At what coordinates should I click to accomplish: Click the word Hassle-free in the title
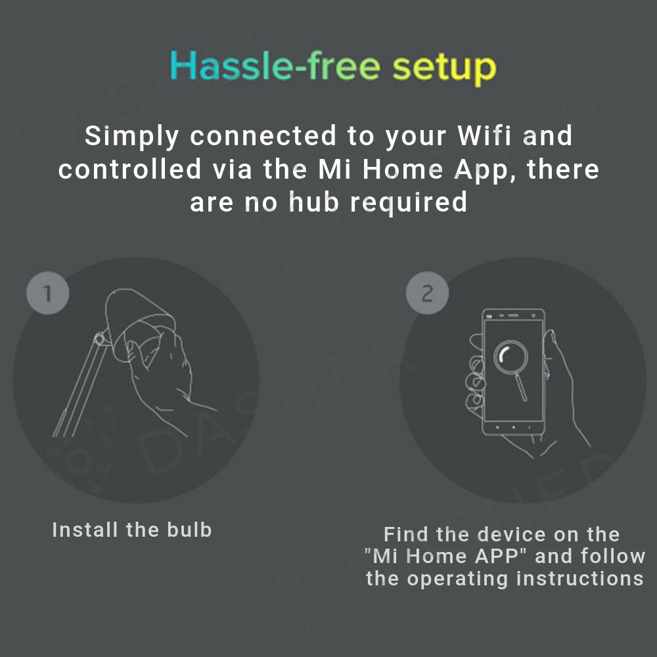pos(275,66)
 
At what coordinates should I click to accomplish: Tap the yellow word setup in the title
pos(444,69)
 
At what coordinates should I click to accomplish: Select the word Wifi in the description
pos(484,135)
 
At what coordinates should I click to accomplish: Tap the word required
pos(408,203)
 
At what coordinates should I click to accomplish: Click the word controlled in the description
pos(130,169)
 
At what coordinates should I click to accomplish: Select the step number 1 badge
pos(48,293)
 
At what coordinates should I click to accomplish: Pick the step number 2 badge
pos(428,293)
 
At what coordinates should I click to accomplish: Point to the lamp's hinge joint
pos(100,338)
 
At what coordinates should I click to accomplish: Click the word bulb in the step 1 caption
pos(189,530)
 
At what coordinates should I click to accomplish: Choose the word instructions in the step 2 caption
pos(580,579)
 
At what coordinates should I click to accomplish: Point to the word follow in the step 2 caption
pos(612,556)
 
